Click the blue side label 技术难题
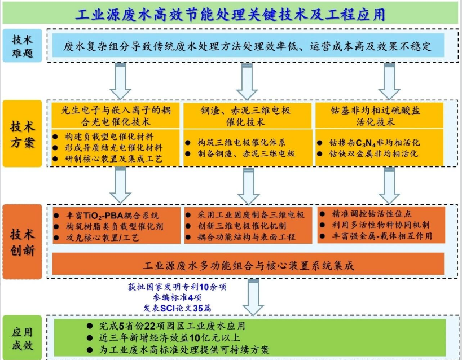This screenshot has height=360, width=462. click(22, 46)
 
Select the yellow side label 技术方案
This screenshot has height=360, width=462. click(22, 134)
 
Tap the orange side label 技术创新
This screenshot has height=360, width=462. click(22, 242)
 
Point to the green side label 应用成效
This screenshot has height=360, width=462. click(22, 338)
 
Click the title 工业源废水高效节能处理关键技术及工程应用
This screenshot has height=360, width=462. click(230, 14)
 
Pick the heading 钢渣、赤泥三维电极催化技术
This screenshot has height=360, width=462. click(246, 116)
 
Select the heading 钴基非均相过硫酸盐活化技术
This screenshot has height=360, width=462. click(375, 116)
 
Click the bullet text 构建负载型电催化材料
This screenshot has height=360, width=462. click(109, 137)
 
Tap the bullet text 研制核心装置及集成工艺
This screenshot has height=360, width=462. click(114, 159)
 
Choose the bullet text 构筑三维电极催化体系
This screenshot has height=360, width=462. click(241, 143)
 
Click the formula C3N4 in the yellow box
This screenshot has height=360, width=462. click(366, 143)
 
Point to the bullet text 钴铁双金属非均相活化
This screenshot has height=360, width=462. click(373, 153)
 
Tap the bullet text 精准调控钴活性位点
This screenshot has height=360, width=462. click(372, 214)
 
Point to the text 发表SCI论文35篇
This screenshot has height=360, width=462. click(177, 308)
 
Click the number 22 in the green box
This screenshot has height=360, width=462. click(149, 326)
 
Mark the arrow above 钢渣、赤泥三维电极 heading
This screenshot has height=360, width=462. click(247, 81)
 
